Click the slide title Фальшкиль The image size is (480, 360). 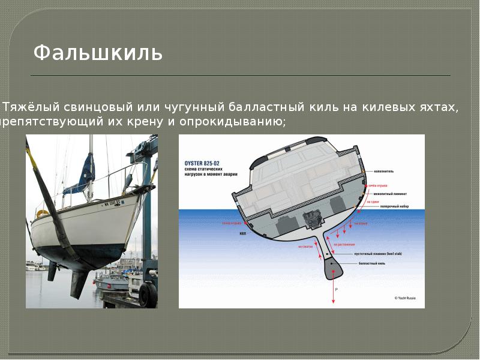tap(98, 53)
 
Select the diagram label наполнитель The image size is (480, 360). tap(383, 171)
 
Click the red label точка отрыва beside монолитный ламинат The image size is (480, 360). tap(378, 185)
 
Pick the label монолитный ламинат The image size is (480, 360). tap(389, 194)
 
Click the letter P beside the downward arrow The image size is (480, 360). tap(337, 290)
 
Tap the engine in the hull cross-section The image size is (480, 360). tap(313, 219)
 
